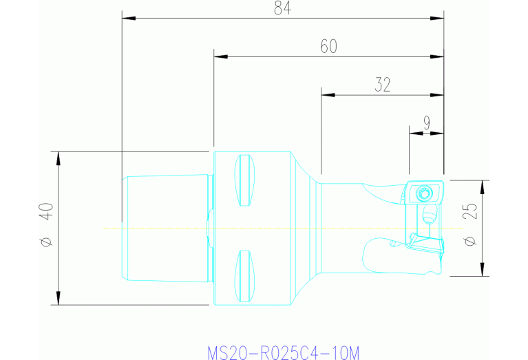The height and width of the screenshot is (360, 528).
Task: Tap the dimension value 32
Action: tap(383, 85)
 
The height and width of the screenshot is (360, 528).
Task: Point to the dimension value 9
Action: tap(427, 123)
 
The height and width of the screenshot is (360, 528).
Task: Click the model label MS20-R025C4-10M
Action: tap(283, 353)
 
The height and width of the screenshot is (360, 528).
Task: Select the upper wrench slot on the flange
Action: tap(242, 180)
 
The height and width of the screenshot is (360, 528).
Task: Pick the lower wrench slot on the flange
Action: tap(242, 275)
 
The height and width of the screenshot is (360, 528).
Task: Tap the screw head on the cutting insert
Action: tap(424, 193)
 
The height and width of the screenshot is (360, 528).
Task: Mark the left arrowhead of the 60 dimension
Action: tap(220, 56)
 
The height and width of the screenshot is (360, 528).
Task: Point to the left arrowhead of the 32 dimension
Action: tap(327, 94)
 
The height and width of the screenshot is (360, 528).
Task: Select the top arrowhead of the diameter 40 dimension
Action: tap(59, 156)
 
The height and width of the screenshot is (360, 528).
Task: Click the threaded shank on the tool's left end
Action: tap(165, 227)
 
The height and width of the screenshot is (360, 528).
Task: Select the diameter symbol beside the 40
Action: tap(46, 242)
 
